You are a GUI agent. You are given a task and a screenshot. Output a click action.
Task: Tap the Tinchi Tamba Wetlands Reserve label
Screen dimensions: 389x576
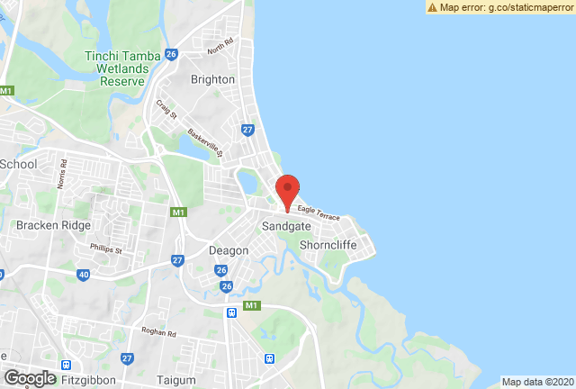115,68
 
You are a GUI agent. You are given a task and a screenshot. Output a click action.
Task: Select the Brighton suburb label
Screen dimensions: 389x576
213,79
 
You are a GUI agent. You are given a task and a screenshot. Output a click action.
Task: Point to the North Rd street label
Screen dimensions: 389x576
219,45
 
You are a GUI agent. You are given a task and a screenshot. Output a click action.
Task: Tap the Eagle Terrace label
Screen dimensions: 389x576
319,214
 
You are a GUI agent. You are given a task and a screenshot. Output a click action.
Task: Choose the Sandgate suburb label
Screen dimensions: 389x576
285,227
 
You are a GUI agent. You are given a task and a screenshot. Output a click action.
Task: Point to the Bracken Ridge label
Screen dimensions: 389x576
49,225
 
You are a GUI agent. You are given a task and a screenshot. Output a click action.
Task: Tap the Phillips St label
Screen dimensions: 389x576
106,249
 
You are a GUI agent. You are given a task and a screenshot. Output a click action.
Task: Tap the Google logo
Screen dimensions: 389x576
29,378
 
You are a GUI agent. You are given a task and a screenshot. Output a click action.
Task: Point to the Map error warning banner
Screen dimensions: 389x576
500,7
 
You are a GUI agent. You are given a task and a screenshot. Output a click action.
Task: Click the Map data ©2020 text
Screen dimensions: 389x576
537,382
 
